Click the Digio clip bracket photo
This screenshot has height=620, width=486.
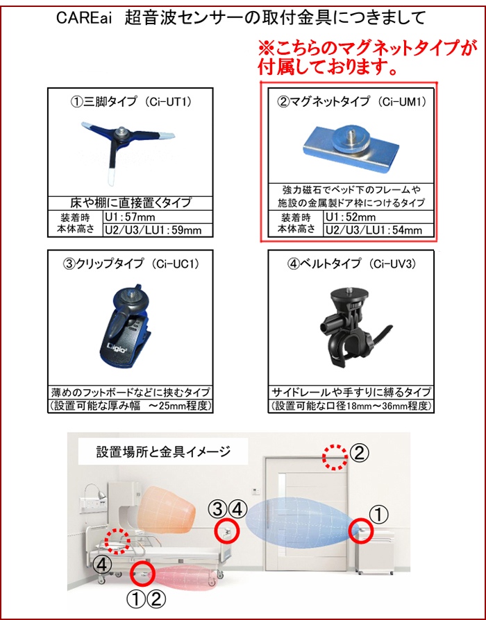126,325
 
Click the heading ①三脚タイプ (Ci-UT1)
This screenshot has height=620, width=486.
131,102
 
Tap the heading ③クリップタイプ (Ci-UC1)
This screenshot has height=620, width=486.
131,264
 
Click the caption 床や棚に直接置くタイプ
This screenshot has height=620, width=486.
131,203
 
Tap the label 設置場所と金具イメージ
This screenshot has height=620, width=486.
163,451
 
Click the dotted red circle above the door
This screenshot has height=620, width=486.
335,457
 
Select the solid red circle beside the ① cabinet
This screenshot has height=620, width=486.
361,531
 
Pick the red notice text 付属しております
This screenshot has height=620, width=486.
327,67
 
